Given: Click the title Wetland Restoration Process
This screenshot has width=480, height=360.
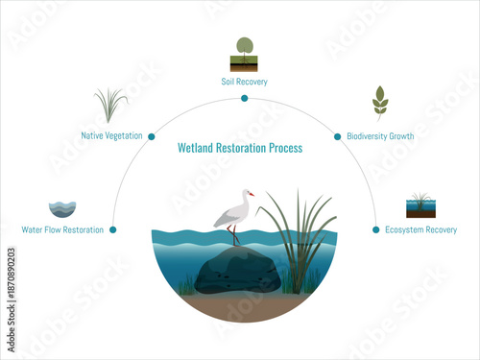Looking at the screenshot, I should (x=240, y=149).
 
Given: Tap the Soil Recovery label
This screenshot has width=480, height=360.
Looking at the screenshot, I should (x=244, y=83).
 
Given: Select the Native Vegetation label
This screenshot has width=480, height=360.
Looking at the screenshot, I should (x=113, y=136).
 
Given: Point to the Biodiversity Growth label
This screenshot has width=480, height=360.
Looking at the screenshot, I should (x=380, y=136).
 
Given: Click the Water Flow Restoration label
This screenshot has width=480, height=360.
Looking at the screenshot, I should (x=62, y=230).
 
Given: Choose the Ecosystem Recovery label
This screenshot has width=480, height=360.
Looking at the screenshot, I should (x=420, y=230).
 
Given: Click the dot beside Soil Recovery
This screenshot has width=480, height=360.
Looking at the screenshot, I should (x=244, y=98).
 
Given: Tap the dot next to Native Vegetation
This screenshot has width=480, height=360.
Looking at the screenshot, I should (x=151, y=136).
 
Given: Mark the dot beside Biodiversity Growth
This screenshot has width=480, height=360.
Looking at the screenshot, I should (x=337, y=136).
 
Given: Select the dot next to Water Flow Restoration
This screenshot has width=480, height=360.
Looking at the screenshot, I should (x=113, y=229).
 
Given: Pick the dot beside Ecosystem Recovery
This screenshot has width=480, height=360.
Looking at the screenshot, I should (x=375, y=229).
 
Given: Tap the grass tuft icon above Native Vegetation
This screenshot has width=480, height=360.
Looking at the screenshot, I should (x=111, y=105).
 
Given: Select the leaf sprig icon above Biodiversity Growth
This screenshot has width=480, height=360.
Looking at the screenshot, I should (x=380, y=102).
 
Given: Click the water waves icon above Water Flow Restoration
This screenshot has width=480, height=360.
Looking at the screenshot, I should (x=62, y=207).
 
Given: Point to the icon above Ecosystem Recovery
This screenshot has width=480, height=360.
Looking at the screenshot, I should (x=420, y=204).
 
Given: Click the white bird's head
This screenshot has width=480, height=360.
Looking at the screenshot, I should (x=249, y=194).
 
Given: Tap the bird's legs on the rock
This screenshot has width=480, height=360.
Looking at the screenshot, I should (x=234, y=236).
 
